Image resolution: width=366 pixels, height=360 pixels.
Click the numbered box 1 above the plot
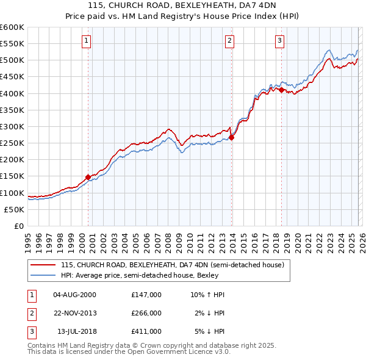click(x=86, y=41)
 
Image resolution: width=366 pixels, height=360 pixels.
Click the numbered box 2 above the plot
click(x=229, y=41)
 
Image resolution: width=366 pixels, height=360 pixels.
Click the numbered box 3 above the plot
click(x=279, y=41)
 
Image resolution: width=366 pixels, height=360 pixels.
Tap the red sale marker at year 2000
click(x=88, y=177)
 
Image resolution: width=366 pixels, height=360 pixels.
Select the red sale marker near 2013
click(x=232, y=138)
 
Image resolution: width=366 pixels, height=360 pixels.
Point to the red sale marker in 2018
click(x=281, y=90)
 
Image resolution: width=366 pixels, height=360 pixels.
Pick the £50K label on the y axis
click(x=14, y=209)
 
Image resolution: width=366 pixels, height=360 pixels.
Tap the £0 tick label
click(x=19, y=226)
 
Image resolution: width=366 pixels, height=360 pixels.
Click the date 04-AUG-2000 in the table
click(x=75, y=295)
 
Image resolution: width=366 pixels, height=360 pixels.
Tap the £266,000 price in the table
click(x=146, y=313)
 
